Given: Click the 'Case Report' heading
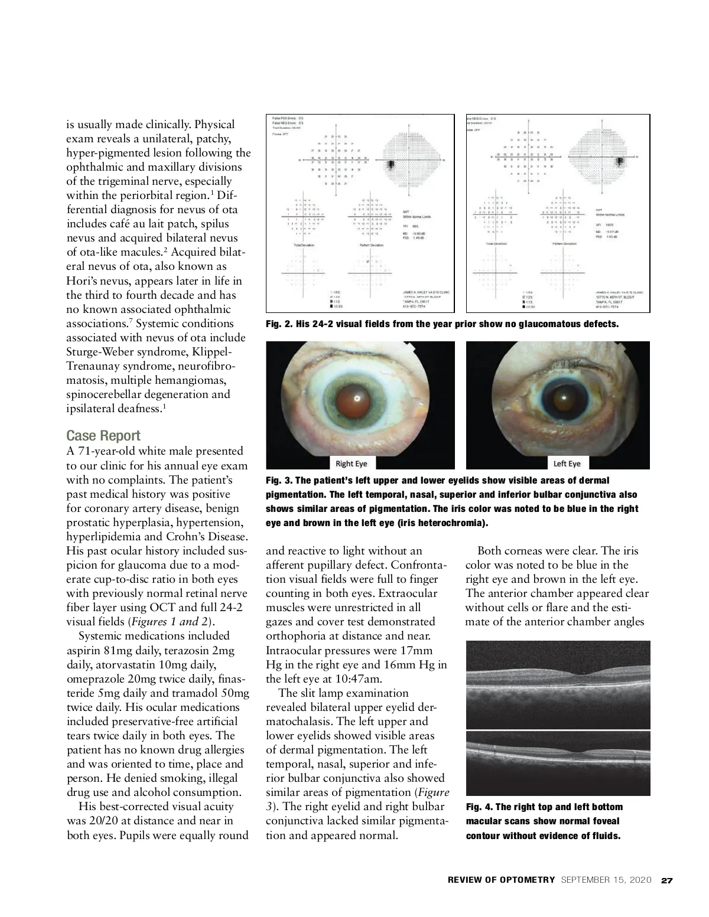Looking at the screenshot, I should point(103,436).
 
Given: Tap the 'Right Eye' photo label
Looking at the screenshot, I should point(351,464).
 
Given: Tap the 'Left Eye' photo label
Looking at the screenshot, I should point(566,464).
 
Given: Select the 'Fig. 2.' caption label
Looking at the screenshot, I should point(280,324).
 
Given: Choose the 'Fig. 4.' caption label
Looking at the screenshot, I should point(480,807).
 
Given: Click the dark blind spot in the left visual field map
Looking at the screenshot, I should point(391,166).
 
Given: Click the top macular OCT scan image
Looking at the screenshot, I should point(558,685).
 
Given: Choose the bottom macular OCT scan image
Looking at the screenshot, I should point(558,763).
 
